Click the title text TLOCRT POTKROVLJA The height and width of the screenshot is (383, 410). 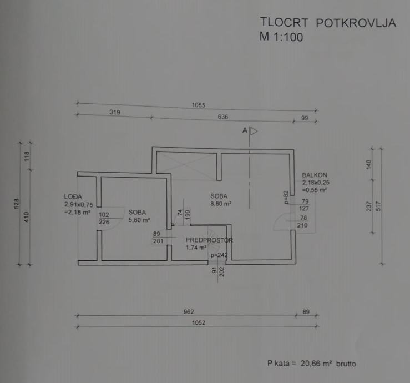pyautogui.click(x=327, y=23)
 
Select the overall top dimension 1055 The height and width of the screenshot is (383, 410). pyautogui.click(x=198, y=105)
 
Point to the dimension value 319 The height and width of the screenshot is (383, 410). pyautogui.click(x=115, y=112)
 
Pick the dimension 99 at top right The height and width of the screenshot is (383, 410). pyautogui.click(x=304, y=118)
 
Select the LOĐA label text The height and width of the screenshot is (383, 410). pyautogui.click(x=73, y=196)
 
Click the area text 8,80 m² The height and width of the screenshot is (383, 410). pyautogui.click(x=220, y=204)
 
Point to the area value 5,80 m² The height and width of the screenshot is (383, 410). pyautogui.click(x=139, y=220)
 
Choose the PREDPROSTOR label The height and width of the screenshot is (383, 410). pyautogui.click(x=209, y=240)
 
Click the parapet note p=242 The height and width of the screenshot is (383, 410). pyautogui.click(x=219, y=255)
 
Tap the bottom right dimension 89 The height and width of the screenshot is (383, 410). pyautogui.click(x=306, y=312)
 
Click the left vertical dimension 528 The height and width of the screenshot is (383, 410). pyautogui.click(x=16, y=204)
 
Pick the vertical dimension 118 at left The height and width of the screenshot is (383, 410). pyautogui.click(x=26, y=157)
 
